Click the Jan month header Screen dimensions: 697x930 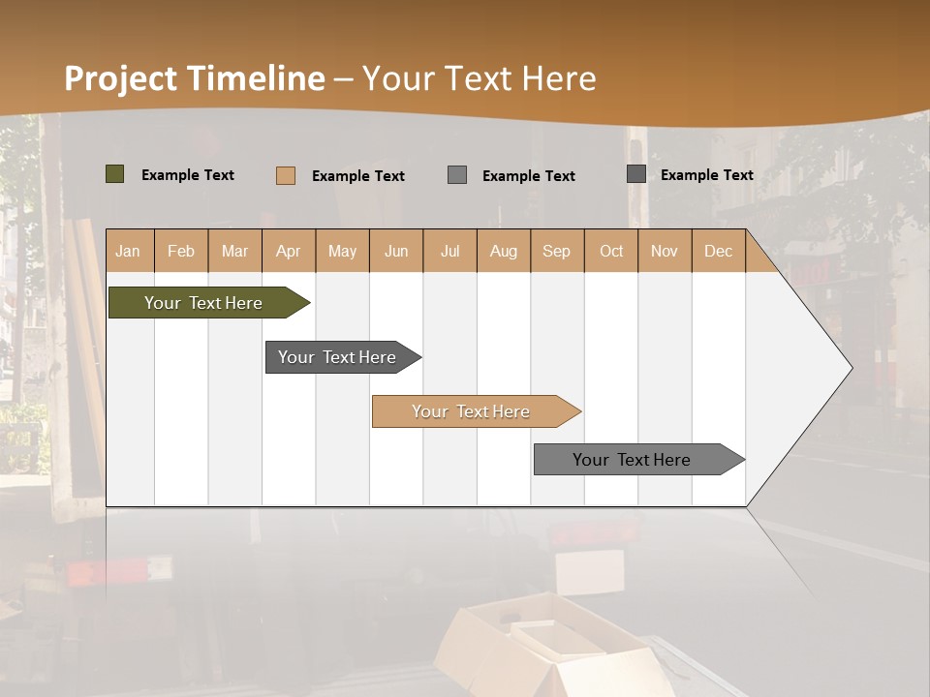point(128,251)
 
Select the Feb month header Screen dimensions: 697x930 point(181,251)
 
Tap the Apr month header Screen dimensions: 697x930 point(288,251)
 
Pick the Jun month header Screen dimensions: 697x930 point(396,251)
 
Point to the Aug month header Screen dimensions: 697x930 point(503,251)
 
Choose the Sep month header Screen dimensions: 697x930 point(556,251)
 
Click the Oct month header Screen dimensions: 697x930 point(611,251)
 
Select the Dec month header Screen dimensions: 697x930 point(718,251)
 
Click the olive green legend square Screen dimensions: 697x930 point(115,174)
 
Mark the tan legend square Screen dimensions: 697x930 point(286,175)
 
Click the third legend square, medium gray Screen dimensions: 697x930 point(457,175)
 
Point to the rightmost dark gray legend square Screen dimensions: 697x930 point(636,174)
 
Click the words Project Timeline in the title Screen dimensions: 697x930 point(195,78)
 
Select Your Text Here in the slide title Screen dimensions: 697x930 point(479,78)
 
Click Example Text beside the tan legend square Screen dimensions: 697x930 point(358,176)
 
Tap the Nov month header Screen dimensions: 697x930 point(665,251)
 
